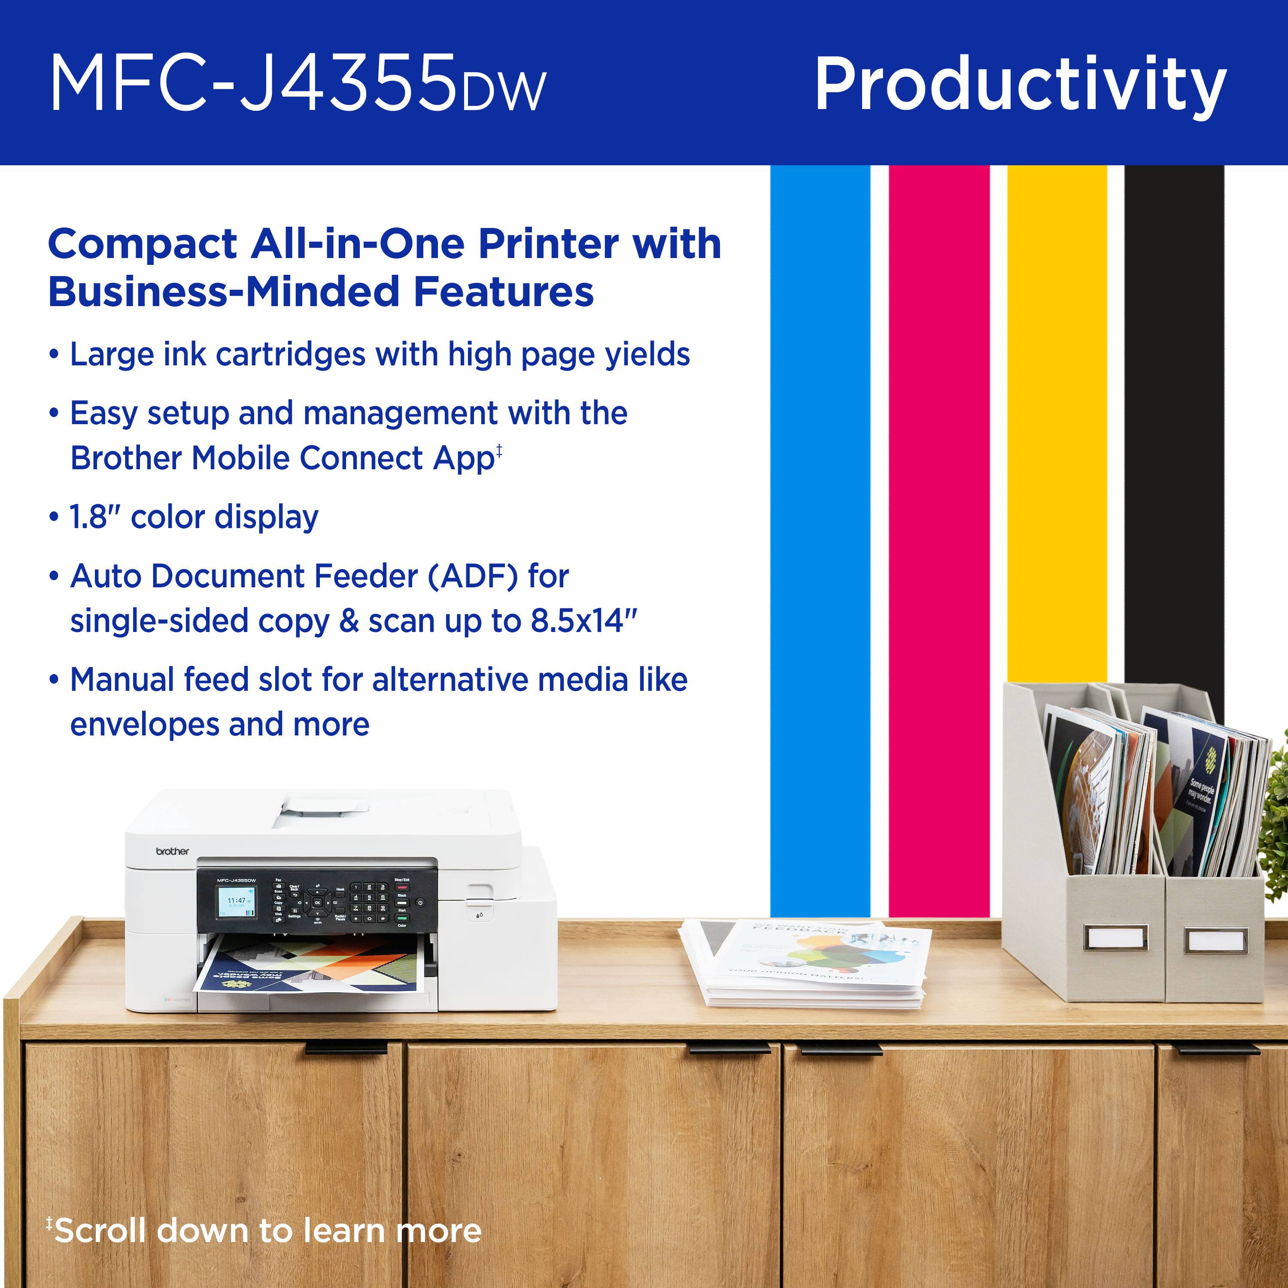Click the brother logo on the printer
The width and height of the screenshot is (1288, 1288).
tap(172, 851)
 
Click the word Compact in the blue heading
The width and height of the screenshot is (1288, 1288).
tap(143, 244)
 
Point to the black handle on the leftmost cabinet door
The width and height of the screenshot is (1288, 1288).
tap(346, 1049)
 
